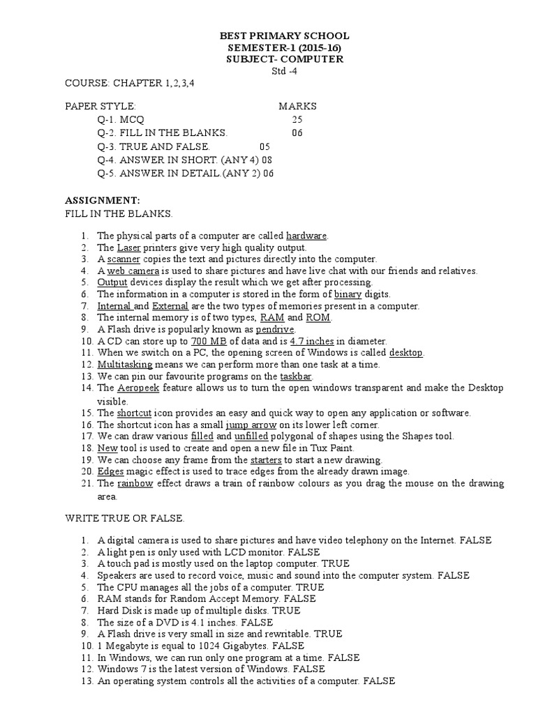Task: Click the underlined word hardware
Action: [x=306, y=236]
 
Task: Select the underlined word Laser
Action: [x=128, y=248]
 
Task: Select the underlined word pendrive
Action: [x=276, y=329]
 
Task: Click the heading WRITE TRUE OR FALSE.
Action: [x=125, y=519]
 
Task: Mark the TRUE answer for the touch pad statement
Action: [x=337, y=563]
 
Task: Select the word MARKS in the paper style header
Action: [x=297, y=107]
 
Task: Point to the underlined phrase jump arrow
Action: [x=252, y=424]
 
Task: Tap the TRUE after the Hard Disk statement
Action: [x=286, y=611]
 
